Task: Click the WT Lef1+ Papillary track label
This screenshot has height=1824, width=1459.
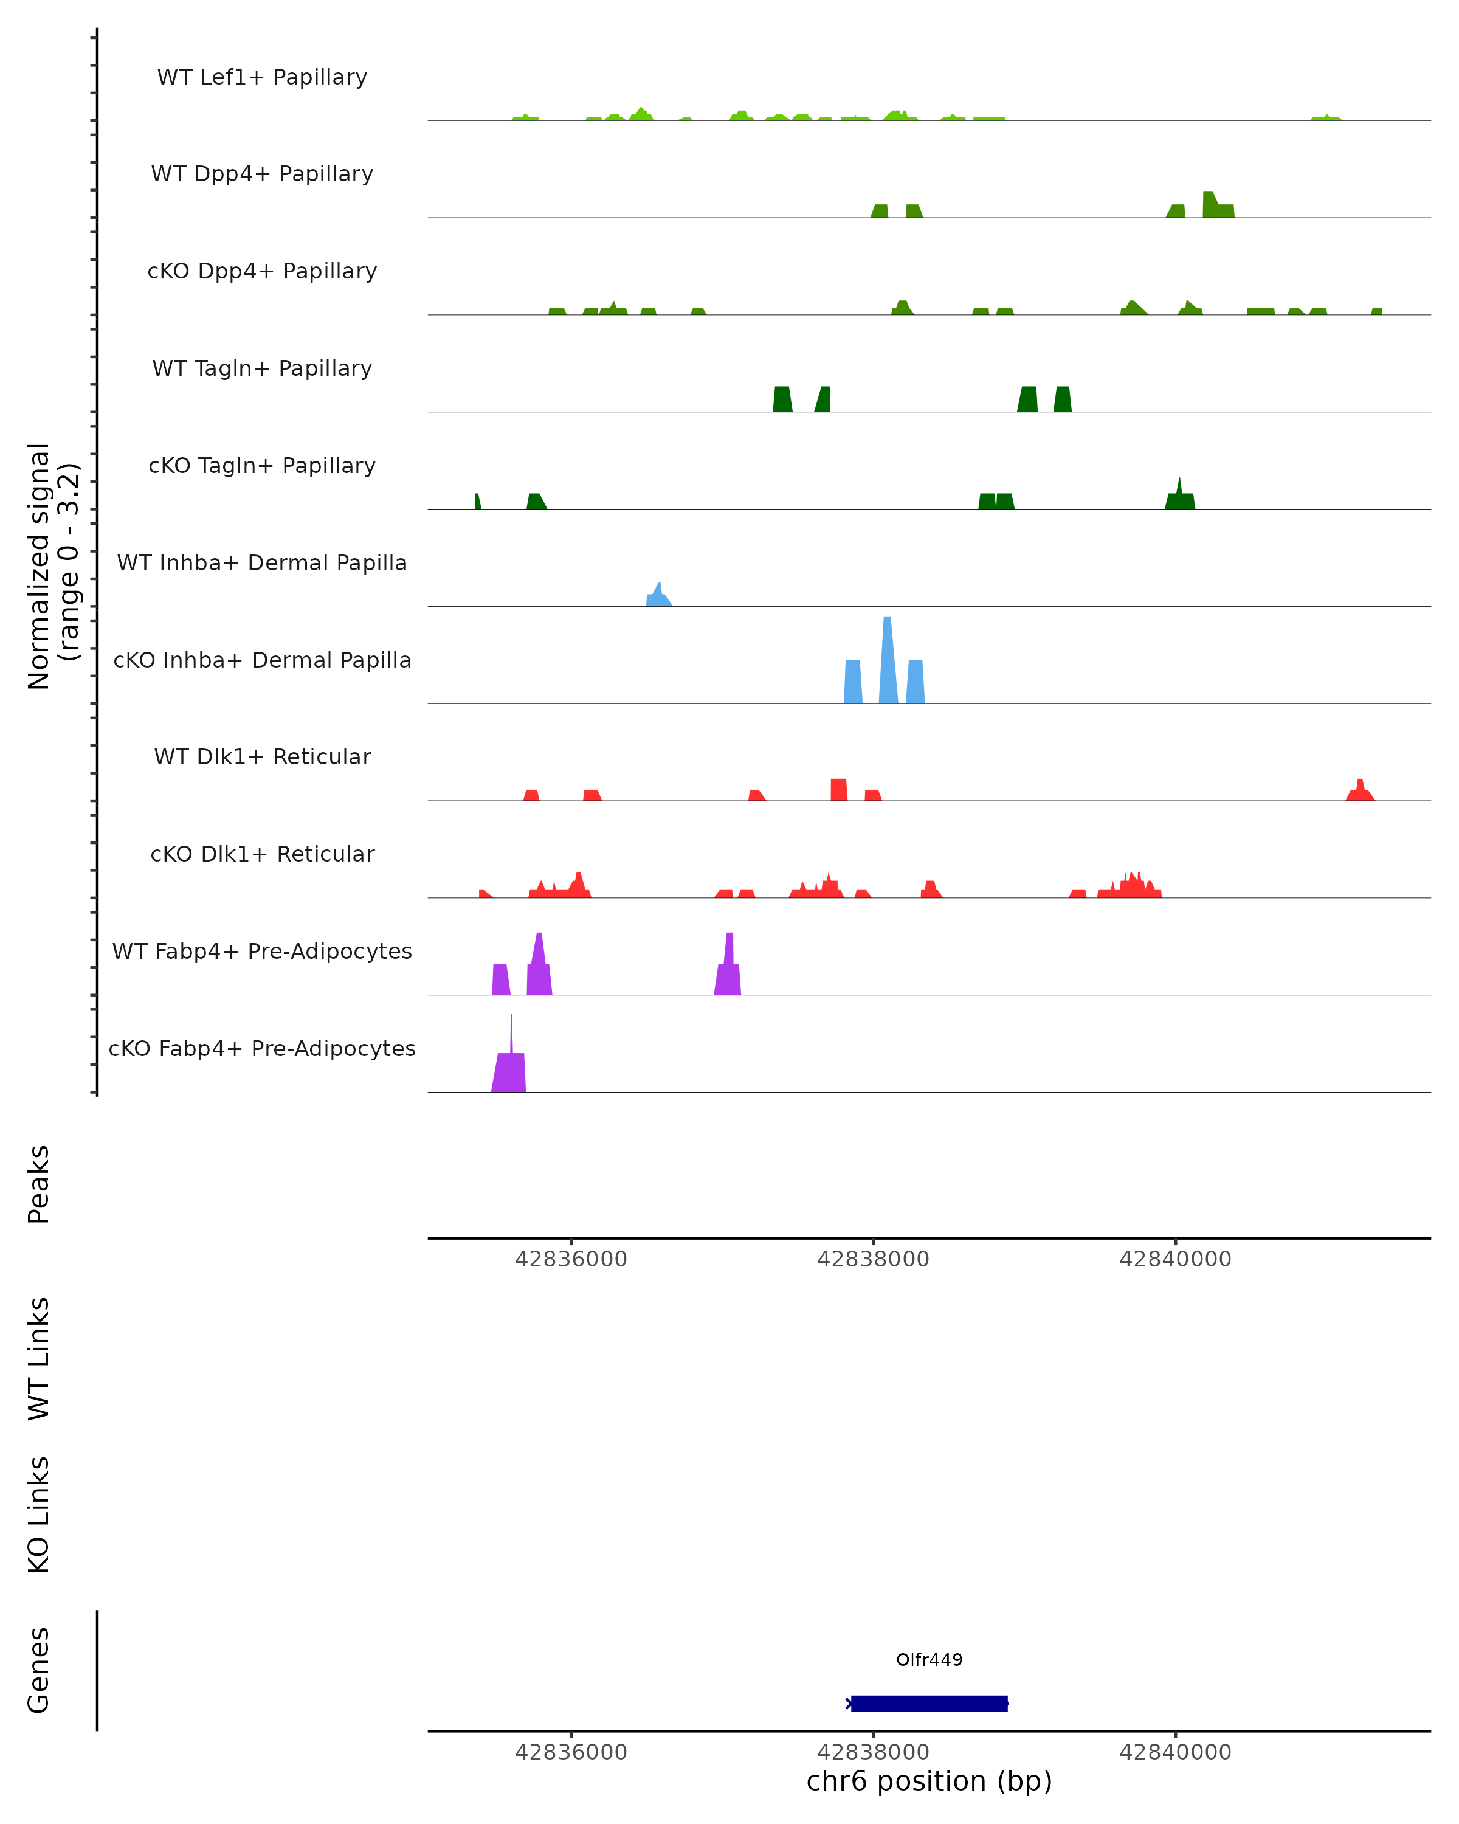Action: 262,77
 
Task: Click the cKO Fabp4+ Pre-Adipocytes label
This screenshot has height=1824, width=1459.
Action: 262,1048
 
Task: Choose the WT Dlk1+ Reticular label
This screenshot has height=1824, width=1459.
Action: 262,756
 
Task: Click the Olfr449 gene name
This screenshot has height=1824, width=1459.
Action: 929,1659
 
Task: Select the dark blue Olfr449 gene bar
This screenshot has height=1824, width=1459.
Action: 929,1703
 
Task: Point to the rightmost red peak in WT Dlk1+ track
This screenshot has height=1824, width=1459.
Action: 1360,792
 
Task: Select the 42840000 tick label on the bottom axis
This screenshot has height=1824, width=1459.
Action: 1175,1752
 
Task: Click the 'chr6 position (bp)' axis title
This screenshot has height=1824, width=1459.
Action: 929,1781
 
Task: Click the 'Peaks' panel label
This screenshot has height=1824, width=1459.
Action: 39,1184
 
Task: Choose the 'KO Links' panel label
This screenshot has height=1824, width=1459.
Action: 39,1515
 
